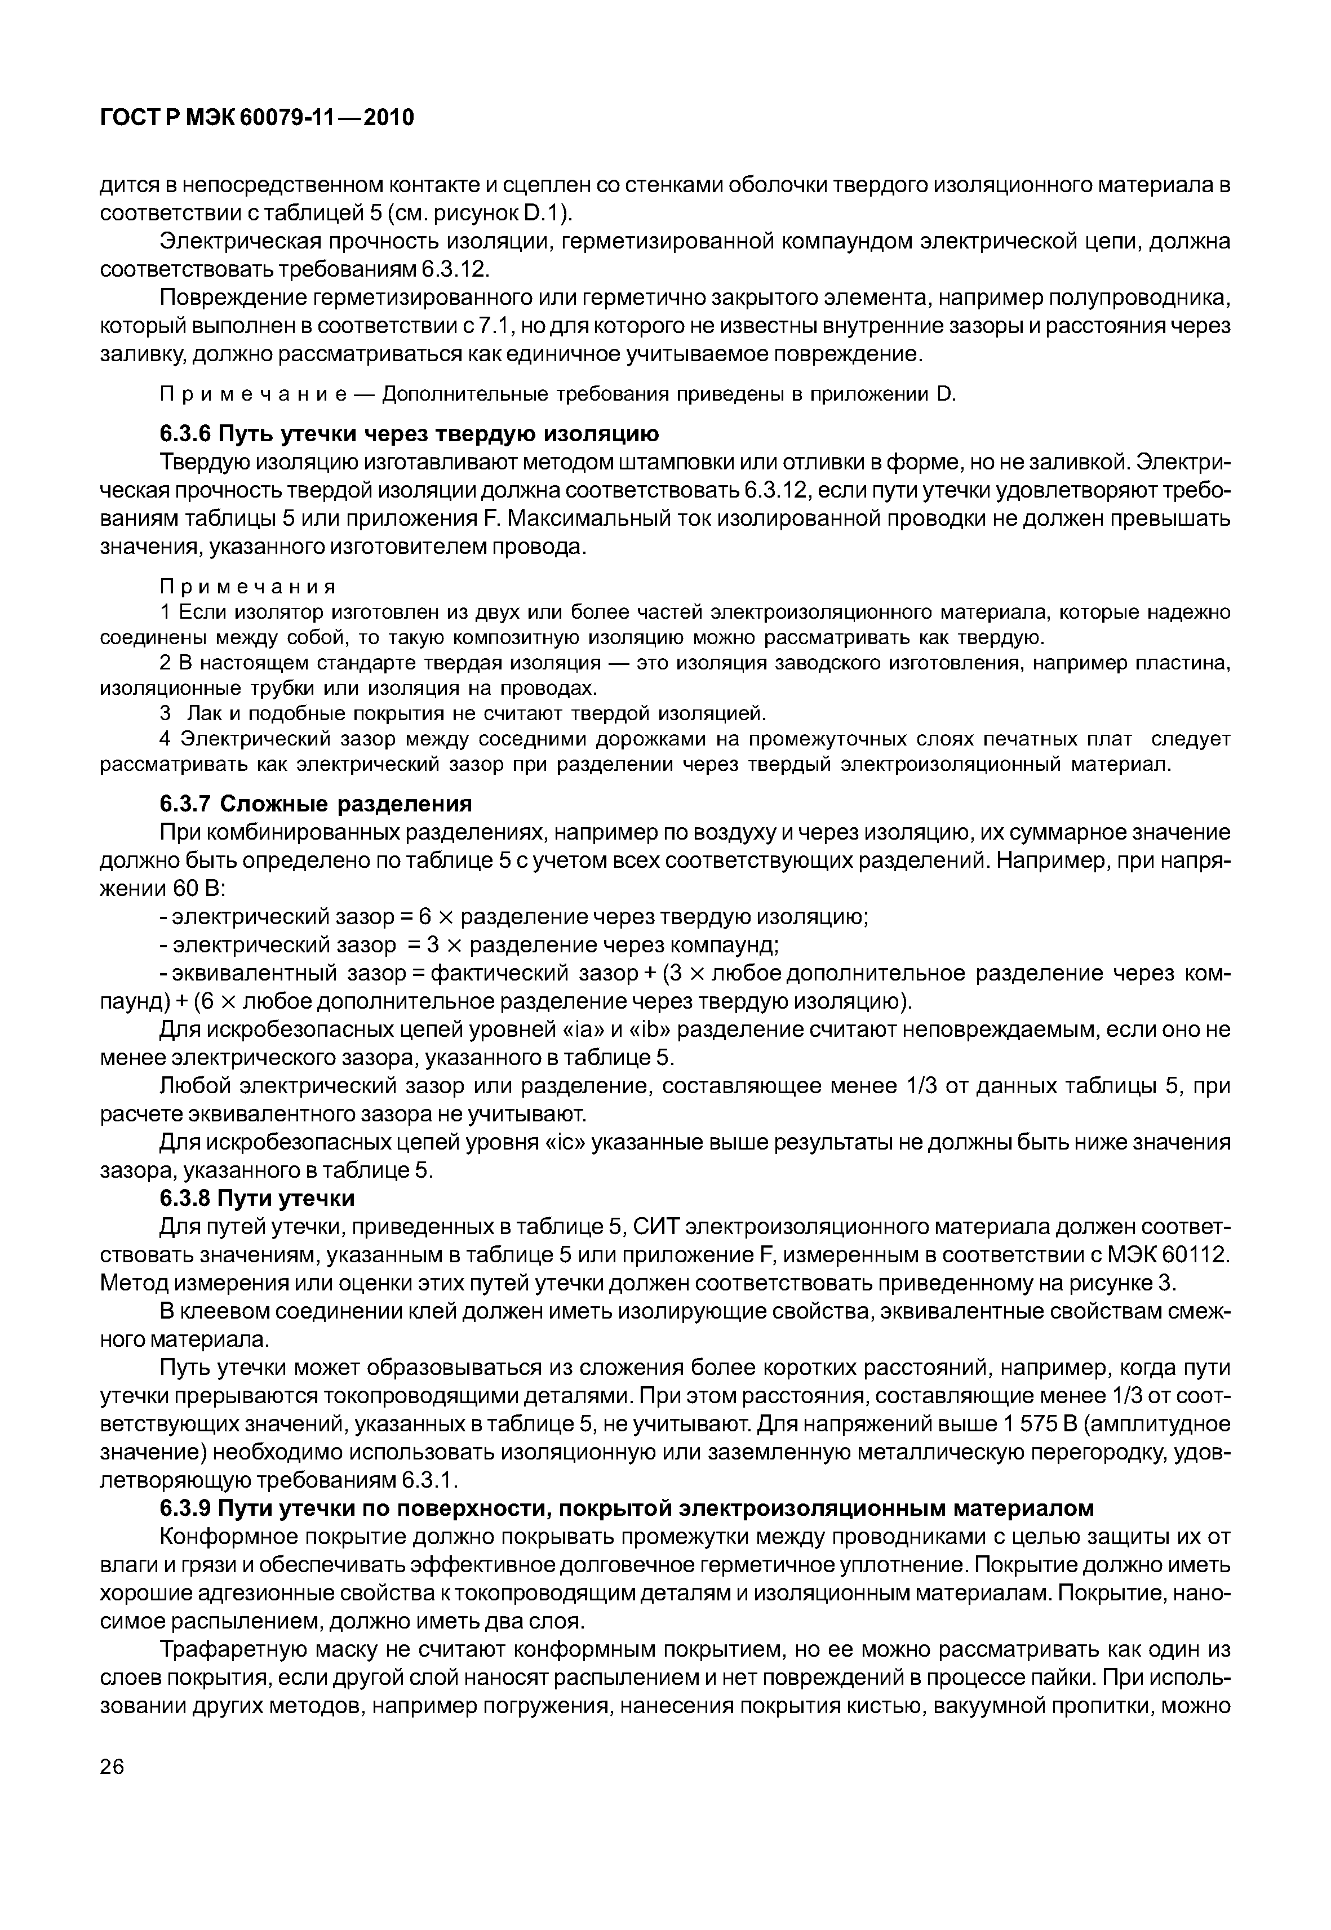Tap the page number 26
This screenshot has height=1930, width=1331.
point(112,1789)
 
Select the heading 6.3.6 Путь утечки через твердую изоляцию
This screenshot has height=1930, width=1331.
point(409,434)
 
